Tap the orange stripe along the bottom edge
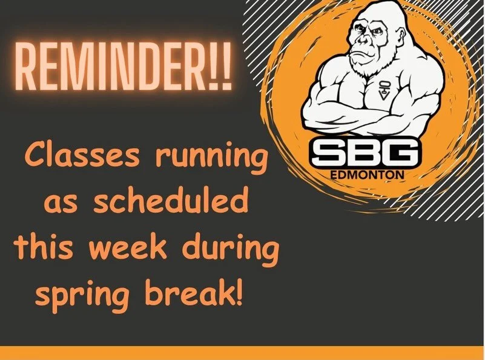tap(242, 353)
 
